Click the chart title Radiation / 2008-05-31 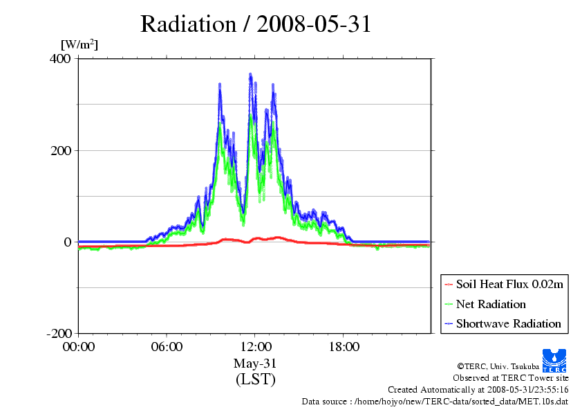256,24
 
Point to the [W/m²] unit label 79,44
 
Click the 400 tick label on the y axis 60,58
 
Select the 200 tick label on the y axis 61,150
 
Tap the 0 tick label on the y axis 68,242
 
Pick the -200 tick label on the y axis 59,333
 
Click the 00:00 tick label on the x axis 79,347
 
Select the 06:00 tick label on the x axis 167,347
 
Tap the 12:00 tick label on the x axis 256,347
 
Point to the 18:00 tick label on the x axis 344,347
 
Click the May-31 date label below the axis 255,364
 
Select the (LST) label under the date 255,379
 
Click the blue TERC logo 554,361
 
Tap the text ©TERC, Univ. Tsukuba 498,366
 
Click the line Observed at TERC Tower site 510,378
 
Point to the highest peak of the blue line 250,75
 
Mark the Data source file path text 435,402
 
